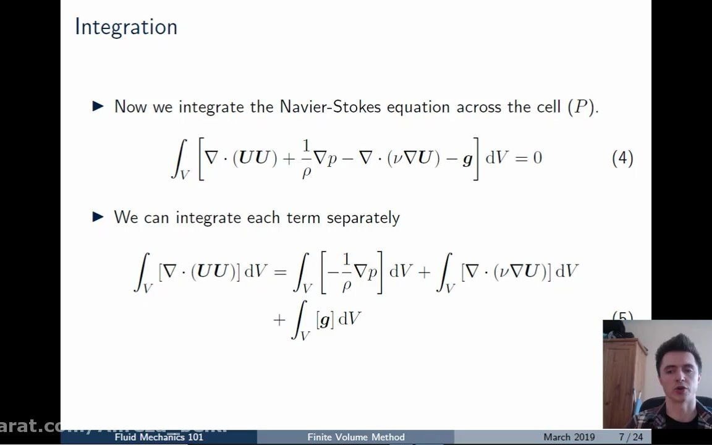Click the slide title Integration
[x=126, y=27]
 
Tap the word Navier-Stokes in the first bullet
[x=331, y=106]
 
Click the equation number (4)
[x=622, y=158]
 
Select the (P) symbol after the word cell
[x=581, y=106]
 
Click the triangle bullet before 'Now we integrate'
[x=98, y=106]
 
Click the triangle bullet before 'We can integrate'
[x=98, y=217]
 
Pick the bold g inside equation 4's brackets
[x=467, y=159]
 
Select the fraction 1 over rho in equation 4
[x=306, y=158]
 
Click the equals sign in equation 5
[x=280, y=271]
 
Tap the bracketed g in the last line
[x=324, y=320]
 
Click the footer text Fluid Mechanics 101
[x=159, y=437]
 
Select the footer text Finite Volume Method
[x=356, y=437]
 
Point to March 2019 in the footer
[x=569, y=437]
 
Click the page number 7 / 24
[x=631, y=437]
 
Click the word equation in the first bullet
[x=419, y=106]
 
